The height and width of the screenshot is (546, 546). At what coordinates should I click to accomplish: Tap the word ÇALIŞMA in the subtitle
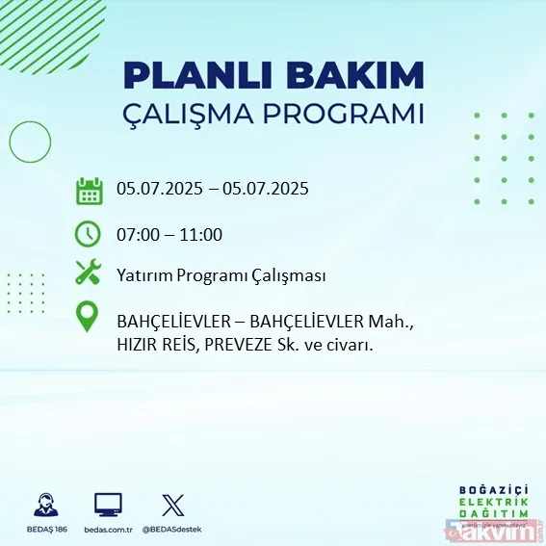(196, 114)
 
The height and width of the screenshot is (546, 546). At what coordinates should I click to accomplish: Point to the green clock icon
(89, 233)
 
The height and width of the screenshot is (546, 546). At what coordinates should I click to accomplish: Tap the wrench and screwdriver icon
(89, 273)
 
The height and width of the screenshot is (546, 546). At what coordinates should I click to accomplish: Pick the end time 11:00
(201, 234)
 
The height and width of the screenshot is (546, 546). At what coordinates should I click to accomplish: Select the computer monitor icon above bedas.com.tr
(108, 505)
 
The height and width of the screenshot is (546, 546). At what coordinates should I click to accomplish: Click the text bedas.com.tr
(108, 530)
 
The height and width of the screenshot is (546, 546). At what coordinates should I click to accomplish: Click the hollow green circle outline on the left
(30, 143)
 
